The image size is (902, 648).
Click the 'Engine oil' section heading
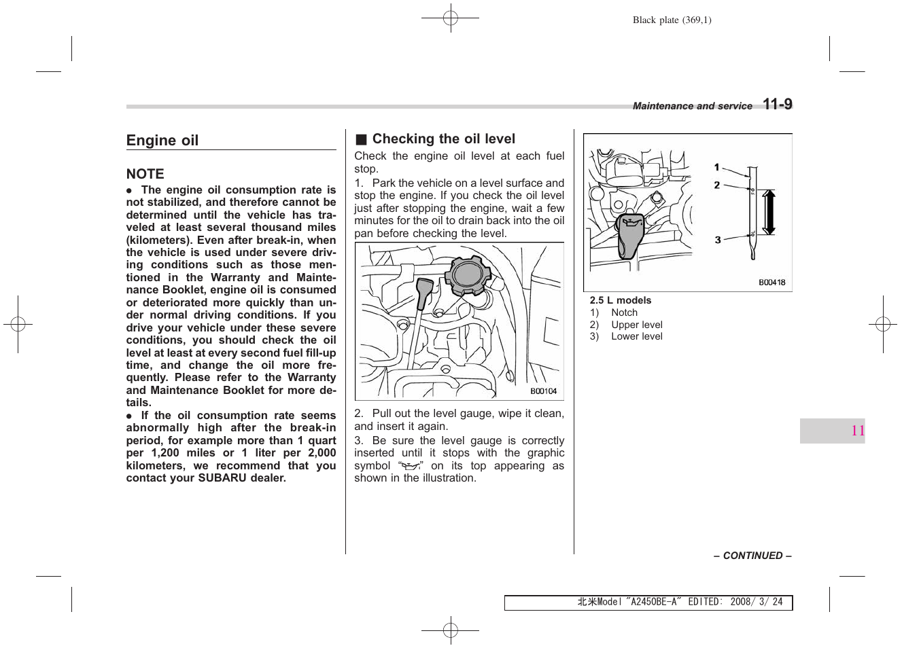click(162, 141)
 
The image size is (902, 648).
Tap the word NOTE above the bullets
click(145, 174)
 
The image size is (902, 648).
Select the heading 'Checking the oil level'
click(443, 139)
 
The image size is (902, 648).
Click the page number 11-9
click(777, 104)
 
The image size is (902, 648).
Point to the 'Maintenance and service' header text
click(692, 106)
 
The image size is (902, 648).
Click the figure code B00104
click(543, 391)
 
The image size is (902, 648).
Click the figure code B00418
click(771, 283)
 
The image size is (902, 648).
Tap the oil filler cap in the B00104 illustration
click(467, 275)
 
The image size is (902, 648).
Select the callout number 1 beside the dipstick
click(716, 167)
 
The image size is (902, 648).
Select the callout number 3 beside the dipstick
click(717, 240)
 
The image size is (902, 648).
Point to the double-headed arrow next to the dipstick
click(769, 212)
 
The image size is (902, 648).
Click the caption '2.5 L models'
click(620, 300)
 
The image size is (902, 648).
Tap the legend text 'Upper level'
click(636, 325)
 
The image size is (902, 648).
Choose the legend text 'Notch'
click(624, 312)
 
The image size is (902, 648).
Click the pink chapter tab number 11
click(857, 431)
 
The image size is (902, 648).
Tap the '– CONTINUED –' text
click(752, 556)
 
